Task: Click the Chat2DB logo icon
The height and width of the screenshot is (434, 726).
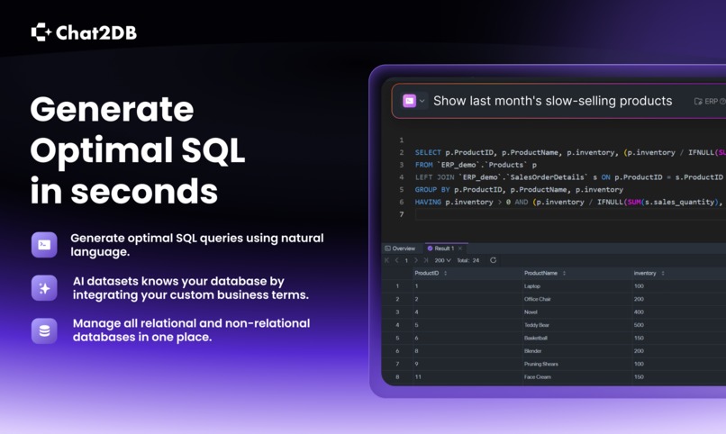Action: click(x=41, y=32)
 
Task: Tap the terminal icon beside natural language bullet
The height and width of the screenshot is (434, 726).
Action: click(x=44, y=245)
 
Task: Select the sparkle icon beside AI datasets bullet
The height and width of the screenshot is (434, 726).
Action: click(x=44, y=288)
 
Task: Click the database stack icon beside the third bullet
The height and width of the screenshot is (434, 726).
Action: click(x=44, y=330)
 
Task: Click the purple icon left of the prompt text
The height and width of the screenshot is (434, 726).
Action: click(x=410, y=101)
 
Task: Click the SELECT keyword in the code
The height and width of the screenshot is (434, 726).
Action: click(x=429, y=153)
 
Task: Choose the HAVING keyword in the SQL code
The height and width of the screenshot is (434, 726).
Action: click(x=429, y=203)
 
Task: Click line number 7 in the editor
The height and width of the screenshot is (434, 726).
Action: click(x=402, y=215)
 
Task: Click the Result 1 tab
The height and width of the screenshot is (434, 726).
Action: click(x=443, y=249)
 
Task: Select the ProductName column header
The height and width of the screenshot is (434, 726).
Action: click(x=540, y=273)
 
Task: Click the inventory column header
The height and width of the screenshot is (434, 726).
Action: click(x=645, y=273)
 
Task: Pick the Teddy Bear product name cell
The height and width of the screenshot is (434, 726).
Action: click(x=539, y=325)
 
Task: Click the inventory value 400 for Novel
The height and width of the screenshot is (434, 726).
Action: click(x=639, y=312)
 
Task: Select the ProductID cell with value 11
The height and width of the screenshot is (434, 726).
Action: click(x=418, y=377)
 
